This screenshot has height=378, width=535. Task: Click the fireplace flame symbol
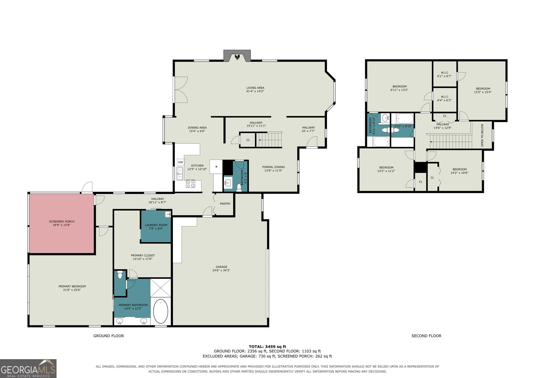[x=237, y=57]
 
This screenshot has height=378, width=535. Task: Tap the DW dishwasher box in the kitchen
[x=181, y=162]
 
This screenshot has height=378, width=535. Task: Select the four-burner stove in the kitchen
[x=191, y=183]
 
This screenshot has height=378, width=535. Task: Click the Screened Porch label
[x=62, y=221]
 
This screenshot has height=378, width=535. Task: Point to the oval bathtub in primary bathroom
[x=161, y=311]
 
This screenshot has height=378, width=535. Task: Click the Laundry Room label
[x=156, y=225]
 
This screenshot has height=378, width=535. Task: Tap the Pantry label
[x=225, y=204]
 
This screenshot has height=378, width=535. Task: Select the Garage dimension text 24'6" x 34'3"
[x=221, y=270]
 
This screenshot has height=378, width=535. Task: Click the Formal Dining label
[x=274, y=167]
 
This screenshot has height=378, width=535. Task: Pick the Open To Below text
[x=482, y=135]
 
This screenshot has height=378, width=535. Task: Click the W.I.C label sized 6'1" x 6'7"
[x=444, y=73]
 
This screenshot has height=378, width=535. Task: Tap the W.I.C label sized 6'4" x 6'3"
[x=444, y=97]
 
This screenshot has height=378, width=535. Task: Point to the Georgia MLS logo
[x=28, y=368]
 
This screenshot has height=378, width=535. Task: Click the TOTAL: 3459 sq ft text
[x=267, y=347]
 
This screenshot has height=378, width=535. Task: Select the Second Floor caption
[x=426, y=336]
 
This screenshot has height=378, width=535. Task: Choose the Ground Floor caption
[x=108, y=336]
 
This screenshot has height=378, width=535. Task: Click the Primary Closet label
[x=143, y=255]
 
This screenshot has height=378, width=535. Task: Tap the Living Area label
[x=255, y=88]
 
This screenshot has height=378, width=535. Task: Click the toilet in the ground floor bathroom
[x=239, y=188]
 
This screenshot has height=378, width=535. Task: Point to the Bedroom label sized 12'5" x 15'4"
[x=483, y=89]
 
